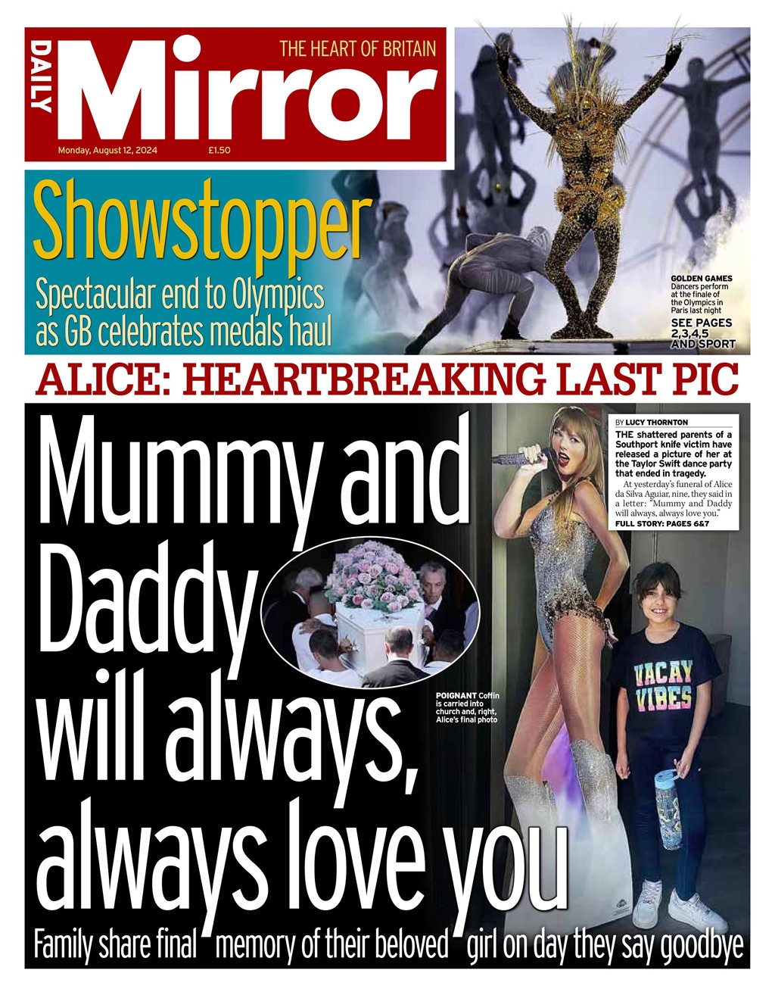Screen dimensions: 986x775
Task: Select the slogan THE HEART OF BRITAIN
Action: pyautogui.click(x=357, y=49)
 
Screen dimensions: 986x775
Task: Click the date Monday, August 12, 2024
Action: pyautogui.click(x=107, y=150)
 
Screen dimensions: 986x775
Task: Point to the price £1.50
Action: pyautogui.click(x=219, y=150)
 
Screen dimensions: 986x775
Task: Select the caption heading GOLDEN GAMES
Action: pyautogui.click(x=702, y=278)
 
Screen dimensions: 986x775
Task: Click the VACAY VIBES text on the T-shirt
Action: pyautogui.click(x=662, y=684)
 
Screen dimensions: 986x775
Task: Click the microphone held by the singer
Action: pyautogui.click(x=522, y=457)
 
